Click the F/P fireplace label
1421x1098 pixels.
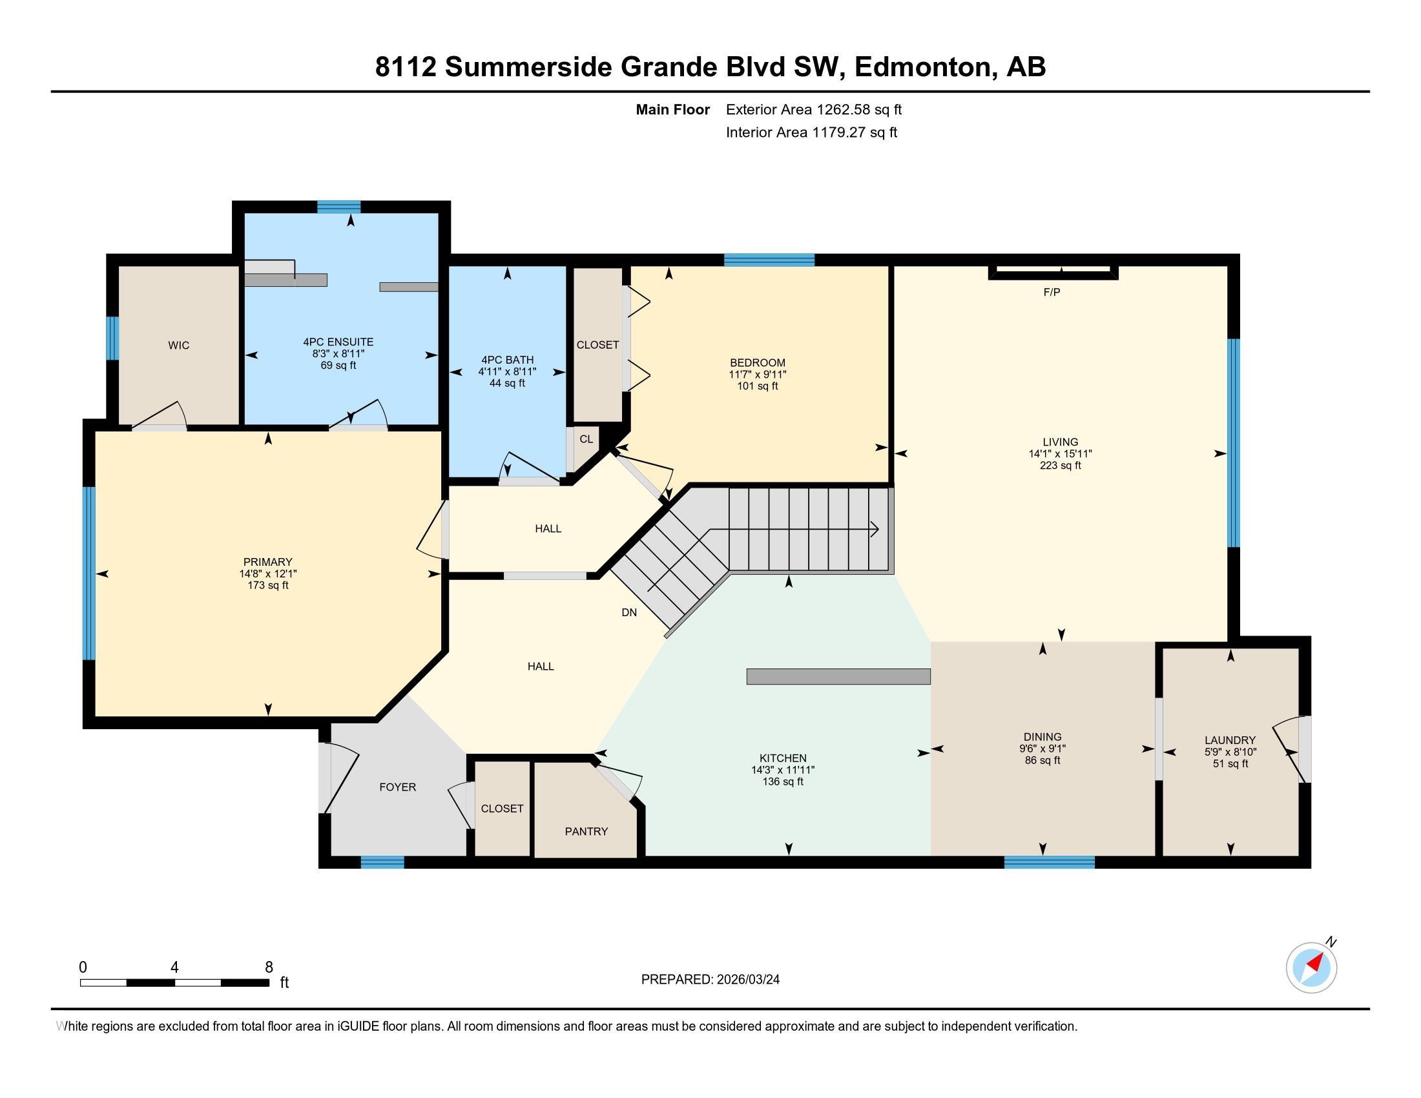(1052, 292)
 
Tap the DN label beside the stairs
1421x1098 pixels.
(628, 612)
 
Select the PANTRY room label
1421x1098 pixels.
(586, 831)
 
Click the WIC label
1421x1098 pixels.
(178, 346)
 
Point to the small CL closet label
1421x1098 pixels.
(586, 439)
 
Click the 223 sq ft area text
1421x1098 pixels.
(1060, 466)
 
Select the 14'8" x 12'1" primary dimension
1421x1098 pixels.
(267, 574)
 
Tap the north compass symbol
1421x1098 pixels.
(1311, 968)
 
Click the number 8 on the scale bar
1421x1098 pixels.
(269, 968)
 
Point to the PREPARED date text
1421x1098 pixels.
(710, 980)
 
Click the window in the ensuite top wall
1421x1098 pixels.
(338, 207)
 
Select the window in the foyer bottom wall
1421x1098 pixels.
(382, 862)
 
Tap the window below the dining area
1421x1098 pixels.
(1049, 862)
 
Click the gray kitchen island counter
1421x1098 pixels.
(838, 676)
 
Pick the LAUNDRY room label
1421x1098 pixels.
(1229, 740)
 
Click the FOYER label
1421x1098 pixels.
(397, 787)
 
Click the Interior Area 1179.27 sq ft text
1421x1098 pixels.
(811, 132)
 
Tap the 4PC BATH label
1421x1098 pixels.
(507, 360)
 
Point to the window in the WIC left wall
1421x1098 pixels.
(112, 338)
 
